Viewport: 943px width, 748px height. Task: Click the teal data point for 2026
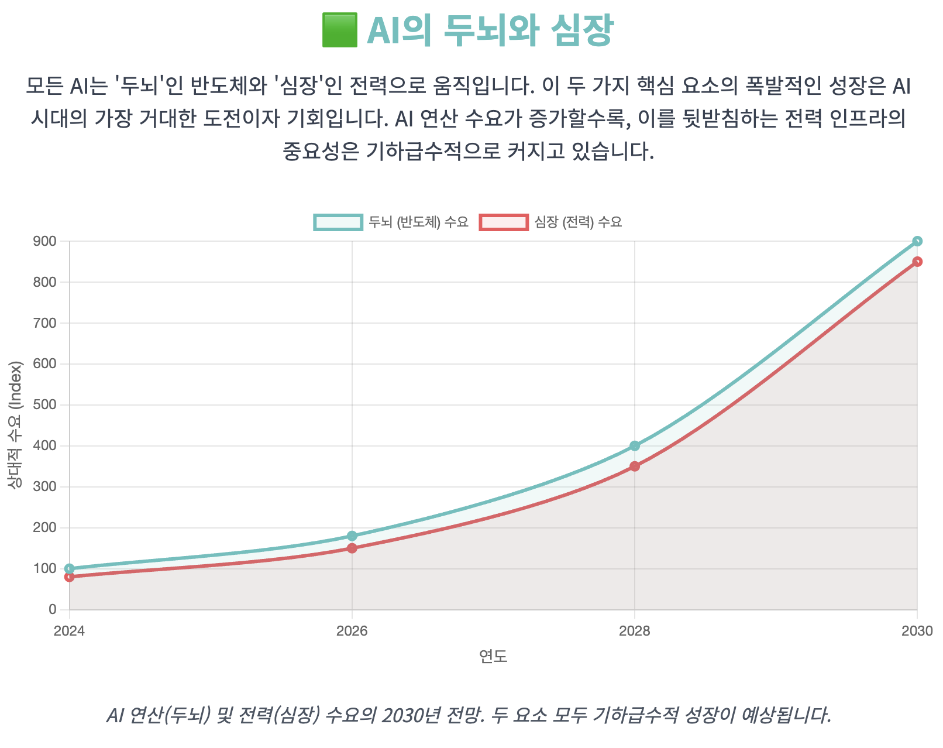pos(352,536)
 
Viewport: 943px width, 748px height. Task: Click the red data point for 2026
pos(352,548)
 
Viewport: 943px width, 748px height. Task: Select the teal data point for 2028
pos(635,446)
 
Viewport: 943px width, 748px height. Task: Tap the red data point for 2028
pos(635,466)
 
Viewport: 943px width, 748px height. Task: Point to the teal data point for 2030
pos(917,241)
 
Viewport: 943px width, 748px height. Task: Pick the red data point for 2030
pos(917,262)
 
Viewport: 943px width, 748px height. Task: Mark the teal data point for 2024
pos(70,569)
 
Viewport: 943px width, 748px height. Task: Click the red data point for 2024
pos(70,577)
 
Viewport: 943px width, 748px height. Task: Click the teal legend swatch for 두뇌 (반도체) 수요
pos(338,222)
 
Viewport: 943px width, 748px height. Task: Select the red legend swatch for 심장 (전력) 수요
pos(504,222)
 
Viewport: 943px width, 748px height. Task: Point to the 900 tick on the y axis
pos(45,241)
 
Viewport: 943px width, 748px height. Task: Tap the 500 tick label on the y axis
pos(45,405)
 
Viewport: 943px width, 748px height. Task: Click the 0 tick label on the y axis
pos(53,610)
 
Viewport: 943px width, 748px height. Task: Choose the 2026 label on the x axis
pos(352,631)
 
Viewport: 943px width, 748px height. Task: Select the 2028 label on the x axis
pos(635,631)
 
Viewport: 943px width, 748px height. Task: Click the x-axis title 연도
pos(493,657)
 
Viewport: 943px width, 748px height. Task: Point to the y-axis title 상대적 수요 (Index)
pos(15,425)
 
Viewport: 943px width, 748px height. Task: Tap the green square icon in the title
pos(339,30)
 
